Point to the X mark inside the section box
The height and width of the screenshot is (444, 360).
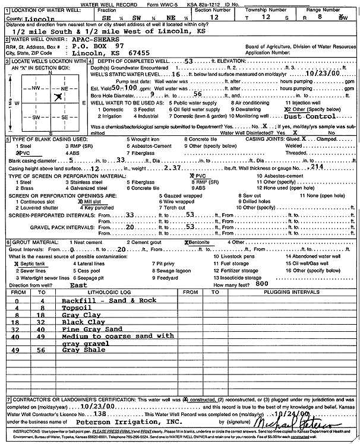58,96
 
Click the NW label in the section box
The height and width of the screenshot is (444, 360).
35,88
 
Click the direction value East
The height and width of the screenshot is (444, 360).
78,285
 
